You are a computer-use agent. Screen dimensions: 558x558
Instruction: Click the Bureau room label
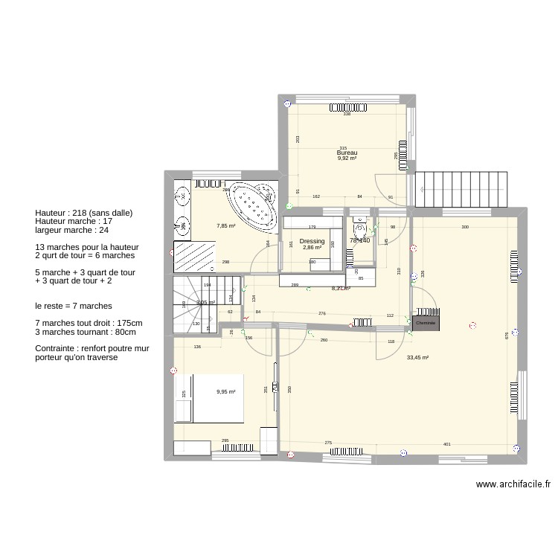pyautogui.click(x=347, y=153)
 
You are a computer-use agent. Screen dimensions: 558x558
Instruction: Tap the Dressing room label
pyautogui.click(x=312, y=242)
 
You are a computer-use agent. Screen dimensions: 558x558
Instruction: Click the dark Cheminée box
pyautogui.click(x=425, y=324)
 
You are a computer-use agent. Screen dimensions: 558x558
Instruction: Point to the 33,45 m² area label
pyautogui.click(x=418, y=357)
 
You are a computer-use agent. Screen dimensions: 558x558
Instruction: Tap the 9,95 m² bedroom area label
pyautogui.click(x=226, y=392)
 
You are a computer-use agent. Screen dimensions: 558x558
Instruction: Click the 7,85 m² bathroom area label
pyautogui.click(x=226, y=226)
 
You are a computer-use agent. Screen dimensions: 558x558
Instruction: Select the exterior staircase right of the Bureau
pyautogui.click(x=461, y=189)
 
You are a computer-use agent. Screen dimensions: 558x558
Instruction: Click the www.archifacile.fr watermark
pyautogui.click(x=513, y=484)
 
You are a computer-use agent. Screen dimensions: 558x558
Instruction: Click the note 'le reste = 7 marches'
pyautogui.click(x=74, y=306)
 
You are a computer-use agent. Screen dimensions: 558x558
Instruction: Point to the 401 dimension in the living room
pyautogui.click(x=446, y=444)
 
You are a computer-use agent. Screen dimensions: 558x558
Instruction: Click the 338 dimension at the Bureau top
pyautogui.click(x=347, y=114)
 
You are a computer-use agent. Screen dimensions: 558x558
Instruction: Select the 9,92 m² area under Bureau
pyautogui.click(x=347, y=158)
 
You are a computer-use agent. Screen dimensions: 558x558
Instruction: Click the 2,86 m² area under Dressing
pyautogui.click(x=312, y=248)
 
